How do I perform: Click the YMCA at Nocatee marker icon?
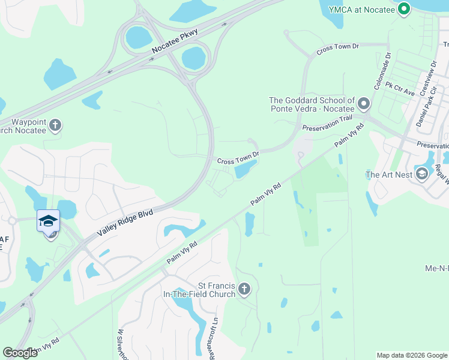pos(404,8)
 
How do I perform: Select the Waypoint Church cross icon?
pos(55,125)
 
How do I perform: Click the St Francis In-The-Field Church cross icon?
pos(244,289)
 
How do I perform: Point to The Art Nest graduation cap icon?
pos(421,175)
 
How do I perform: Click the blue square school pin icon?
pos(47,220)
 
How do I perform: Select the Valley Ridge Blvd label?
pos(126,224)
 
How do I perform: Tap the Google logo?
pos(20,353)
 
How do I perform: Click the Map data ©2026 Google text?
pos(411,355)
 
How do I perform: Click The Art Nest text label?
pos(388,175)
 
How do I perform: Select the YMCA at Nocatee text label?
pos(366,8)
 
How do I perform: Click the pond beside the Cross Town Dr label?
pos(247,171)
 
